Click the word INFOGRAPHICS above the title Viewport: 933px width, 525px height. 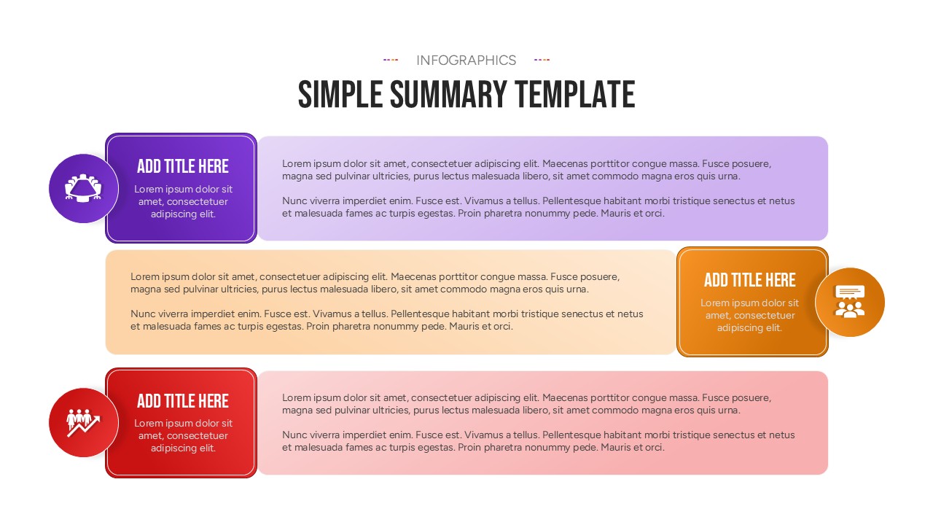pyautogui.click(x=466, y=61)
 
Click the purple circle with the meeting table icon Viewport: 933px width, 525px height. pyautogui.click(x=84, y=188)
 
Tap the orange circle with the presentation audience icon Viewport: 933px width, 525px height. pyautogui.click(x=849, y=302)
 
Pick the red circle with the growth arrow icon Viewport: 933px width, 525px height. pyautogui.click(x=84, y=422)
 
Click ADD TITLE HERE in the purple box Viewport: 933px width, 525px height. pyautogui.click(x=183, y=166)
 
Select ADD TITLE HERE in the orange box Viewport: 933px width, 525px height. pyautogui.click(x=749, y=280)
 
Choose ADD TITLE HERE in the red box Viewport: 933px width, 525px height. pyautogui.click(x=183, y=401)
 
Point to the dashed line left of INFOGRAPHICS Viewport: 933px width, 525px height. pyautogui.click(x=391, y=60)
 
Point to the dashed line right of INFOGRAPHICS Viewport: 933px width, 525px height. pyautogui.click(x=542, y=60)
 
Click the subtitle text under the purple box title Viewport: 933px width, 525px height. pyautogui.click(x=183, y=201)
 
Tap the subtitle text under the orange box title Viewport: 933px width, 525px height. pyautogui.click(x=749, y=315)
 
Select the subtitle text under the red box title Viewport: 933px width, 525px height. pyautogui.click(x=183, y=435)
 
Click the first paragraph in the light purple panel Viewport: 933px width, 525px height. pyautogui.click(x=526, y=170)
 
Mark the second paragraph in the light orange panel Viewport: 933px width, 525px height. pyautogui.click(x=387, y=320)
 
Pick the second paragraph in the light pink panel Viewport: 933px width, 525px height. pyautogui.click(x=538, y=441)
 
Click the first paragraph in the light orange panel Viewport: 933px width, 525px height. pyautogui.click(x=375, y=283)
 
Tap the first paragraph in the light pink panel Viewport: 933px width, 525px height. pyautogui.click(x=526, y=404)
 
